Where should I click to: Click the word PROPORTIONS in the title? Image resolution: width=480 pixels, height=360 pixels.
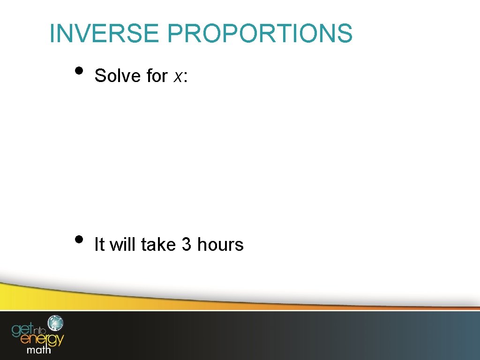[x=259, y=34]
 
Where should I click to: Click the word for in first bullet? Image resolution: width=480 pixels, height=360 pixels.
[x=157, y=75]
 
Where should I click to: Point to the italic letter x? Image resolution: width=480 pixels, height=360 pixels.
[x=177, y=76]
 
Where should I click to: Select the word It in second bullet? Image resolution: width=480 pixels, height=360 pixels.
[x=99, y=244]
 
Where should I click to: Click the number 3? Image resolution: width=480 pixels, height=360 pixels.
[x=186, y=244]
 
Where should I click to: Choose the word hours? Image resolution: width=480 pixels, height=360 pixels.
[x=220, y=244]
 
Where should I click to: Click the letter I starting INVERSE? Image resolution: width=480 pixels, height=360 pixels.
[x=52, y=34]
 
